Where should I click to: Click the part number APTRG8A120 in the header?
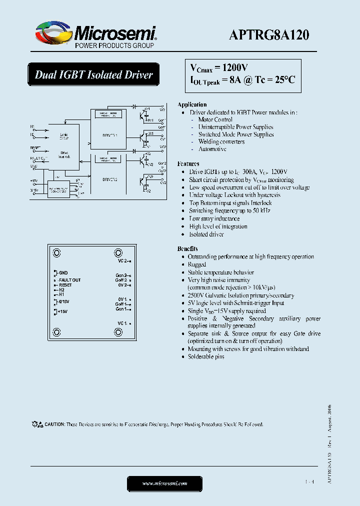coord(269,34)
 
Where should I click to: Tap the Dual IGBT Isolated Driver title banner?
coord(93,75)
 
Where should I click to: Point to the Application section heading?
coord(192,104)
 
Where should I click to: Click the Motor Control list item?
coord(215,119)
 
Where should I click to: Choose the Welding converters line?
coord(221,141)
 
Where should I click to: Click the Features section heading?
coord(188,163)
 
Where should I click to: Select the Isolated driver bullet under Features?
coord(206,234)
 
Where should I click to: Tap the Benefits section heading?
coord(187,248)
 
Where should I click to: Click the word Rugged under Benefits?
coord(197,264)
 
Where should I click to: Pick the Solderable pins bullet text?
coord(206,356)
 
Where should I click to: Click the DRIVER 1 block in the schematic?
coord(109,134)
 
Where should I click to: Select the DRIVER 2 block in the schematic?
coord(109,178)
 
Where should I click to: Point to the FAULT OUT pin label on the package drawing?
coord(69,280)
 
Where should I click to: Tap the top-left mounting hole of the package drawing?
coord(57,253)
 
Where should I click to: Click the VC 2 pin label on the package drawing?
coord(123,261)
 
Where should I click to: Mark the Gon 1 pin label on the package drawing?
coord(121,309)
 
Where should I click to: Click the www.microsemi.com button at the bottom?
coord(164,483)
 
